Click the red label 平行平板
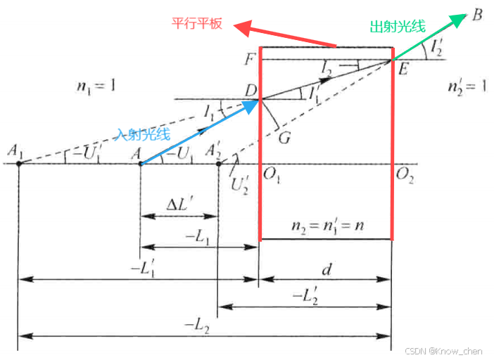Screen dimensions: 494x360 (198, 22)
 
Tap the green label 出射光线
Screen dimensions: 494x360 (398, 27)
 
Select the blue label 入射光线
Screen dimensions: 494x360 (145, 131)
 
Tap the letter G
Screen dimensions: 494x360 (284, 137)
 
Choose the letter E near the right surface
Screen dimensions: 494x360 (404, 70)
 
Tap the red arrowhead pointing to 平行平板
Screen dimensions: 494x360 (243, 28)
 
